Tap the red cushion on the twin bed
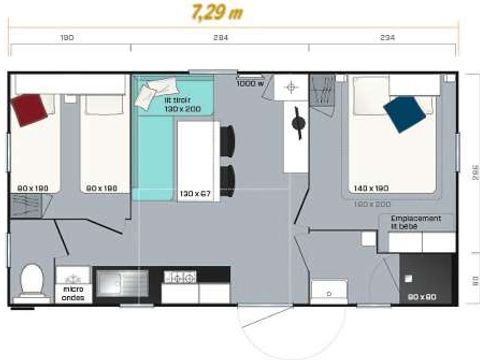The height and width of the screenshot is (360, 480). point(30,104)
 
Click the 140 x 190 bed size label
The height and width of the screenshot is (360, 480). point(371,187)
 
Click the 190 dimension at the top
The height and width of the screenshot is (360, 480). point(68,38)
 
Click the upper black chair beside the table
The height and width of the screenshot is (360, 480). point(227,140)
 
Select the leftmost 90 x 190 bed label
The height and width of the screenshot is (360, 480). point(32,187)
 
